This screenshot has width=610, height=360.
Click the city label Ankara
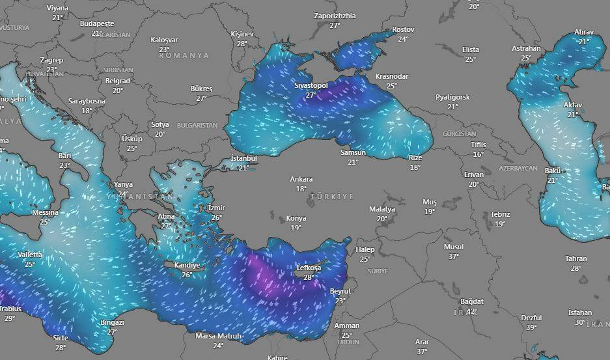tap(301, 179)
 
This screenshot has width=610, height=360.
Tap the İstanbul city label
tap(244, 158)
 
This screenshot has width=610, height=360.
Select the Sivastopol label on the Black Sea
tap(311, 85)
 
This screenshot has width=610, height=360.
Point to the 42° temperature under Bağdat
tap(471, 311)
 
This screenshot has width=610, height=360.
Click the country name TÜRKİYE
tap(332, 196)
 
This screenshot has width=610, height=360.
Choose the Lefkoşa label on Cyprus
tap(309, 268)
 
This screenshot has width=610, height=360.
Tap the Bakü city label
tap(553, 171)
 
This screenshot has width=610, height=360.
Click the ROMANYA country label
tap(184, 55)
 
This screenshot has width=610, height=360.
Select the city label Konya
tap(296, 219)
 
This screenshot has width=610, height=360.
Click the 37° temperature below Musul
tap(454, 256)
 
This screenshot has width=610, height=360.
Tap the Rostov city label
tap(403, 29)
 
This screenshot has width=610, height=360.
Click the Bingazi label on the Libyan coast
tap(112, 322)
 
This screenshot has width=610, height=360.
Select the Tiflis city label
tap(478, 144)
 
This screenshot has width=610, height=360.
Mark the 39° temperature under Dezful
tap(531, 327)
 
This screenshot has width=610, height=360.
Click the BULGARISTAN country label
tap(197, 124)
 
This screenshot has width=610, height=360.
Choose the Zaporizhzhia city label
tap(335, 16)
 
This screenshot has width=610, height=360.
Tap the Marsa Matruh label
tap(218, 337)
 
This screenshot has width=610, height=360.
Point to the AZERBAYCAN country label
tap(518, 168)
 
